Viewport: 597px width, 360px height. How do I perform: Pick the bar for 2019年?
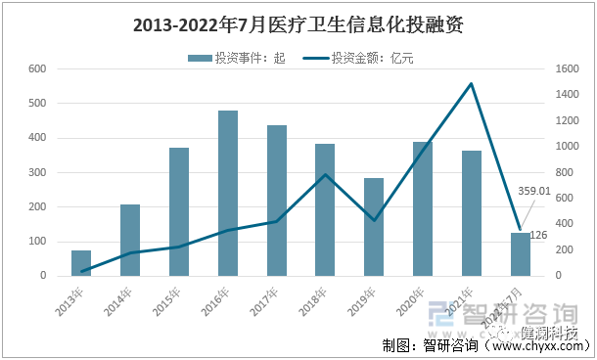point(374,227)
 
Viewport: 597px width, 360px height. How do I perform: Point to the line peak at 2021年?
point(471,84)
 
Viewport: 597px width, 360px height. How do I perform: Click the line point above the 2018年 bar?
point(325,175)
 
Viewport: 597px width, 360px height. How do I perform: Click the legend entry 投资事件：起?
point(235,59)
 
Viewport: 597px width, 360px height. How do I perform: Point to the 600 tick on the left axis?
point(37,68)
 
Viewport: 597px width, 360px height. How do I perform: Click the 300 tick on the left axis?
point(37,172)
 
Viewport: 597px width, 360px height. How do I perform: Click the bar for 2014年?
point(130,240)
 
